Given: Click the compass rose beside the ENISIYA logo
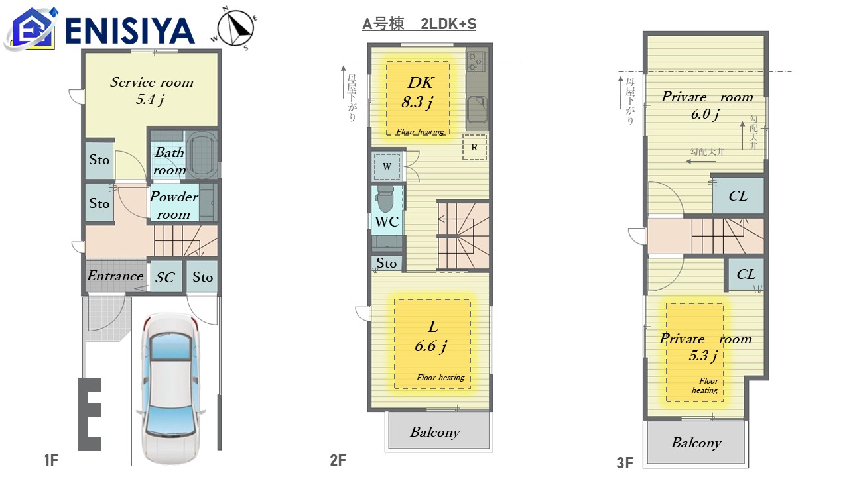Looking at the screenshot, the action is point(235,28).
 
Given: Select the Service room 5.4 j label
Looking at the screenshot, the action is point(152,91).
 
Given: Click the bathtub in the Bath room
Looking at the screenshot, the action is point(202,154).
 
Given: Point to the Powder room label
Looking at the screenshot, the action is point(174,205).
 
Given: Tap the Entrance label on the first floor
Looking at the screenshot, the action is point(115,276).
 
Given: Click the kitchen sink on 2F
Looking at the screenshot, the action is point(477,110).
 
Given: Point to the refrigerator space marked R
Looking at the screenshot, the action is point(474,147).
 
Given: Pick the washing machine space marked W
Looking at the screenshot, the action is point(387,166).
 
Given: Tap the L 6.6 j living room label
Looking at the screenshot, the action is point(431,337).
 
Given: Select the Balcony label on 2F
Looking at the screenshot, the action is point(435,432).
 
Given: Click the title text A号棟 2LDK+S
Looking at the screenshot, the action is point(419,24).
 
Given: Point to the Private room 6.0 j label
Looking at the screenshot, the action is point(707,105).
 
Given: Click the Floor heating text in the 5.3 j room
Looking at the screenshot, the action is point(705,386).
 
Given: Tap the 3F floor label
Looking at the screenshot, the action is point(625,462).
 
